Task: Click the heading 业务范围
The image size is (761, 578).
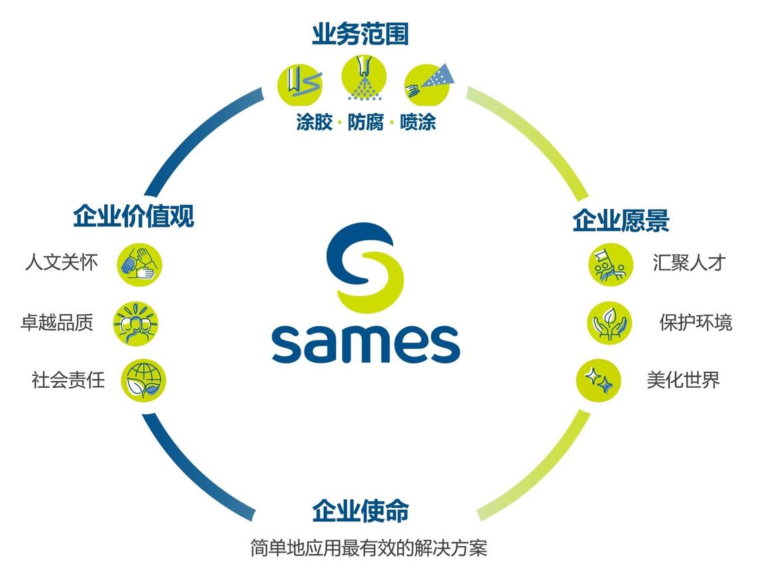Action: pos(360,35)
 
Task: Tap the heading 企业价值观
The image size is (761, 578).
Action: pos(134,216)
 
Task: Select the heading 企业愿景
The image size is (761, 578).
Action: pos(621,221)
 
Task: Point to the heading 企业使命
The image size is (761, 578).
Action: pos(360,511)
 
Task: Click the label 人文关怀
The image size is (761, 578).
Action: pos(61,262)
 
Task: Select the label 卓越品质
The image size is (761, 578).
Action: pos(57,323)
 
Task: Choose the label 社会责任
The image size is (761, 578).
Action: pos(68,380)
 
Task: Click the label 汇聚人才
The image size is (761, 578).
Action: pos(688,262)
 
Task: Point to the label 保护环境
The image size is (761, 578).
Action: pos(696,323)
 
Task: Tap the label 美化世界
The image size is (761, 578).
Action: pos(683,380)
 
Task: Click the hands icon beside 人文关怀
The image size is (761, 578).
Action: pos(140,264)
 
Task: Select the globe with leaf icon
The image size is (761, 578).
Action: pos(143,381)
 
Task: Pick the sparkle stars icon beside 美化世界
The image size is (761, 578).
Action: pos(599,381)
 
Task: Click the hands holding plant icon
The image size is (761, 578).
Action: pos(609,324)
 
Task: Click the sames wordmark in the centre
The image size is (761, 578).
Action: pos(366,344)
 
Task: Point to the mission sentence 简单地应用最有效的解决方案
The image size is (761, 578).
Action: pos(368,549)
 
